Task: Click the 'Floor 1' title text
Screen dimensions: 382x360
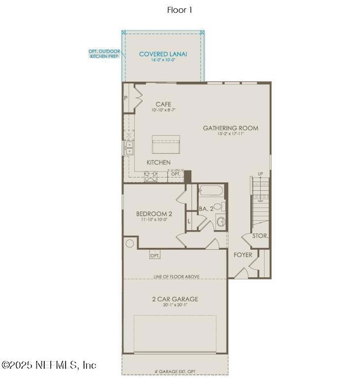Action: point(179,10)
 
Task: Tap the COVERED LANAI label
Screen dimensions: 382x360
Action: point(163,54)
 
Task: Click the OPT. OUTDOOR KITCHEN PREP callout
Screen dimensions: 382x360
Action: point(104,54)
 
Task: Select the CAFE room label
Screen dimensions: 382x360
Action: point(163,104)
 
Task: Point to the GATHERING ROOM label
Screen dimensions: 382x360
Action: point(230,128)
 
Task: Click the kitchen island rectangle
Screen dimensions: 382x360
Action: point(166,144)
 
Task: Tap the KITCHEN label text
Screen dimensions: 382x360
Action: point(158,162)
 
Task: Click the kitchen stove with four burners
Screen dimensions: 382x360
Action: point(151,176)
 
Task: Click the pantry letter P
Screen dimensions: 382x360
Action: point(126,99)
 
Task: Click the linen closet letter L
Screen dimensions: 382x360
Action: point(189,221)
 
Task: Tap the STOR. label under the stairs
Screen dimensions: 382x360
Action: point(260,235)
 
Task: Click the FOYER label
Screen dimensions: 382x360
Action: point(243,255)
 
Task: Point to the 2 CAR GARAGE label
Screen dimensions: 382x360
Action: point(175,300)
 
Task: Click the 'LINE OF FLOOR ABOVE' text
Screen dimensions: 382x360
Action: point(176,276)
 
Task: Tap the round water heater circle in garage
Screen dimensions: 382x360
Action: point(130,243)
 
